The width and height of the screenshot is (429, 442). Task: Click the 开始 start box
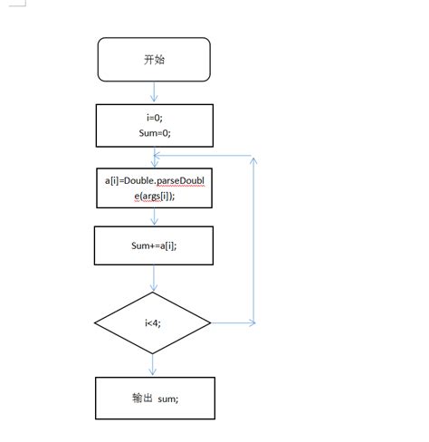(154, 60)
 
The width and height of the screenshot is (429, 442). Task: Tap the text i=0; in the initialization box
(155, 118)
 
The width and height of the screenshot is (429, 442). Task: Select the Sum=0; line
(155, 133)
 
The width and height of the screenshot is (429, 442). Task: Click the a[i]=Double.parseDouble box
(154, 188)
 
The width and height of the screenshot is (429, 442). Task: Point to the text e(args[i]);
(155, 196)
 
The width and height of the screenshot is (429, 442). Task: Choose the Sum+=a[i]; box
(154, 245)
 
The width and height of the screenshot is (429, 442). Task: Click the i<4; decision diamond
(152, 322)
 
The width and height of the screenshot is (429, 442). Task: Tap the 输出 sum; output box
(155, 399)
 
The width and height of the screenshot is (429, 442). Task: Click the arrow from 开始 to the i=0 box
(154, 91)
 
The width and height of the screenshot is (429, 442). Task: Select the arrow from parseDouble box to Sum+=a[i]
(154, 216)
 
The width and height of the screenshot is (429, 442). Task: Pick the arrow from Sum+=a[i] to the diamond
(154, 278)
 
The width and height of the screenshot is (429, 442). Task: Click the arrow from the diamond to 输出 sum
(153, 365)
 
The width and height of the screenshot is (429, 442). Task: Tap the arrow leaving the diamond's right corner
(234, 322)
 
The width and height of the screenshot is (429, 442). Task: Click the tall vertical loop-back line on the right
(253, 240)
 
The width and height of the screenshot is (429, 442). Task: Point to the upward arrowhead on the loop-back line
(253, 160)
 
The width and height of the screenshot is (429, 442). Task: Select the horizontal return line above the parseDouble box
(203, 156)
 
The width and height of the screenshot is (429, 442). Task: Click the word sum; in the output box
(168, 399)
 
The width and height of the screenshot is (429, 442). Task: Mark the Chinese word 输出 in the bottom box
(142, 398)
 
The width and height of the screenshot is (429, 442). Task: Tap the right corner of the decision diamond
(211, 322)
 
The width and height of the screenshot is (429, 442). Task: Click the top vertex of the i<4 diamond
(153, 292)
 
